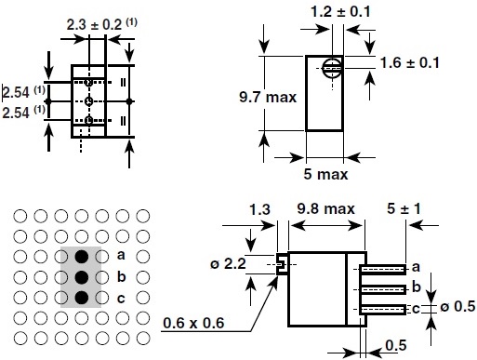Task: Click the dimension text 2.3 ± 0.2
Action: click(x=94, y=25)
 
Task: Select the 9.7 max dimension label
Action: click(x=268, y=97)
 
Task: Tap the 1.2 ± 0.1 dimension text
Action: click(x=340, y=12)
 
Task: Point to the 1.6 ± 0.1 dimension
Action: click(x=409, y=63)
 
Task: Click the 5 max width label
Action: click(x=325, y=174)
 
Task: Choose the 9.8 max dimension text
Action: click(x=325, y=208)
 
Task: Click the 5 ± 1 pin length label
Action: click(x=404, y=208)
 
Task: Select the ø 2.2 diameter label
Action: click(x=228, y=263)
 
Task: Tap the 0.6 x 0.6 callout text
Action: click(x=193, y=323)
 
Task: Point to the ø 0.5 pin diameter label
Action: click(x=457, y=306)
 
